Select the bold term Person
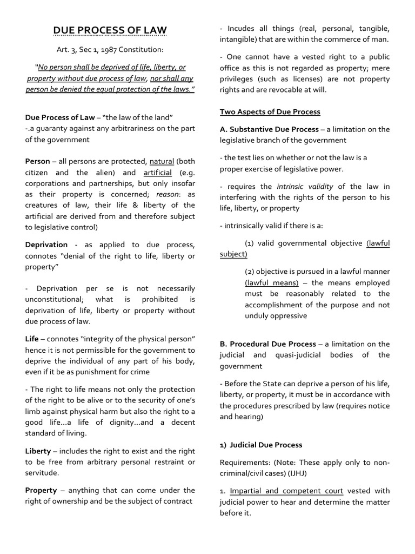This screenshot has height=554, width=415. pos(37,161)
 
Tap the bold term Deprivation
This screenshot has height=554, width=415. pos(46,245)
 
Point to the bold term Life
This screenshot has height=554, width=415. pos(32,339)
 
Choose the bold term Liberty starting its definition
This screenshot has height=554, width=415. pos(38,451)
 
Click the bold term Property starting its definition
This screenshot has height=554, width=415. pos(41,490)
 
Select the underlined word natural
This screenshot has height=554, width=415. pos(162,161)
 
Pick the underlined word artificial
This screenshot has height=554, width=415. pos(157,173)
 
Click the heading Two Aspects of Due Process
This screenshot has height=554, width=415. pos(270,111)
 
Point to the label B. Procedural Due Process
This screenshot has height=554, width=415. pos(267,344)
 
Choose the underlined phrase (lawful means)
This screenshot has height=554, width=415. pos(271,282)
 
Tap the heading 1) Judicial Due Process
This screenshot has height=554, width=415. pos(261,445)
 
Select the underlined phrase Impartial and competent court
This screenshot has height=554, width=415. pos(286,491)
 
